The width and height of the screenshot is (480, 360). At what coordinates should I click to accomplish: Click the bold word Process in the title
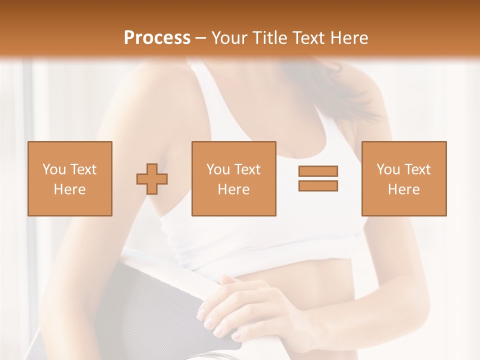(157, 37)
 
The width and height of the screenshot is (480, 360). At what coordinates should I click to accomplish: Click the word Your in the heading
(229, 37)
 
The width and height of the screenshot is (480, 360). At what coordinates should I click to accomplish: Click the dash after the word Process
(201, 38)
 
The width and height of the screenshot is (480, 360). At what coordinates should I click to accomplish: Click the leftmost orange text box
(70, 155)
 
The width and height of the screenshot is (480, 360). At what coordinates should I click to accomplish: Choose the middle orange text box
(233, 155)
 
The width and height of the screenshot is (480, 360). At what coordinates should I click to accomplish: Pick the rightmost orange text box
(404, 155)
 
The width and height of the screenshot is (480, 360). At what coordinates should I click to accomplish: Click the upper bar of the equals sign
(318, 171)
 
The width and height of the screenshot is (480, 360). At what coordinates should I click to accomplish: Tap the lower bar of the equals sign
(318, 186)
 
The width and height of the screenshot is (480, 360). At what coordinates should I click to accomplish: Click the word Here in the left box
(70, 189)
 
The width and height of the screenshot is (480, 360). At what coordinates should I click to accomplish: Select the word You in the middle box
(218, 169)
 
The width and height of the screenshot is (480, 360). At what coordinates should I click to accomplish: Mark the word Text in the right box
(417, 169)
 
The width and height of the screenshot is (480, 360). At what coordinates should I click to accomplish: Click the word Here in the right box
(404, 189)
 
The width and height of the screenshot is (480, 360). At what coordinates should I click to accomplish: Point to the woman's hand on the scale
(235, 305)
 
